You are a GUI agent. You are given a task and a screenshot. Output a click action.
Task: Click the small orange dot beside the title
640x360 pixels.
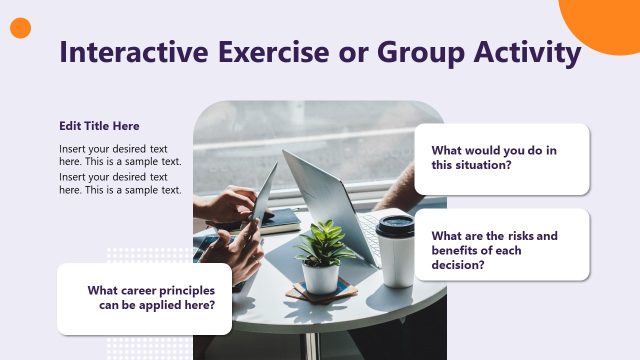pyautogui.click(x=21, y=28)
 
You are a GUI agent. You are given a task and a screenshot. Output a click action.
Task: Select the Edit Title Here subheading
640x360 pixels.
pyautogui.click(x=99, y=126)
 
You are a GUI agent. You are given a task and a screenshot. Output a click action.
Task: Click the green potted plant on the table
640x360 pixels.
pyautogui.click(x=322, y=243)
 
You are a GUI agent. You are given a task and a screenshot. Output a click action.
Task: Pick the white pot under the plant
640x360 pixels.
pyautogui.click(x=321, y=277)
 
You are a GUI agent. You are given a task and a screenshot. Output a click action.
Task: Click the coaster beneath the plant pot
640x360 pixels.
pyautogui.click(x=321, y=294)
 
